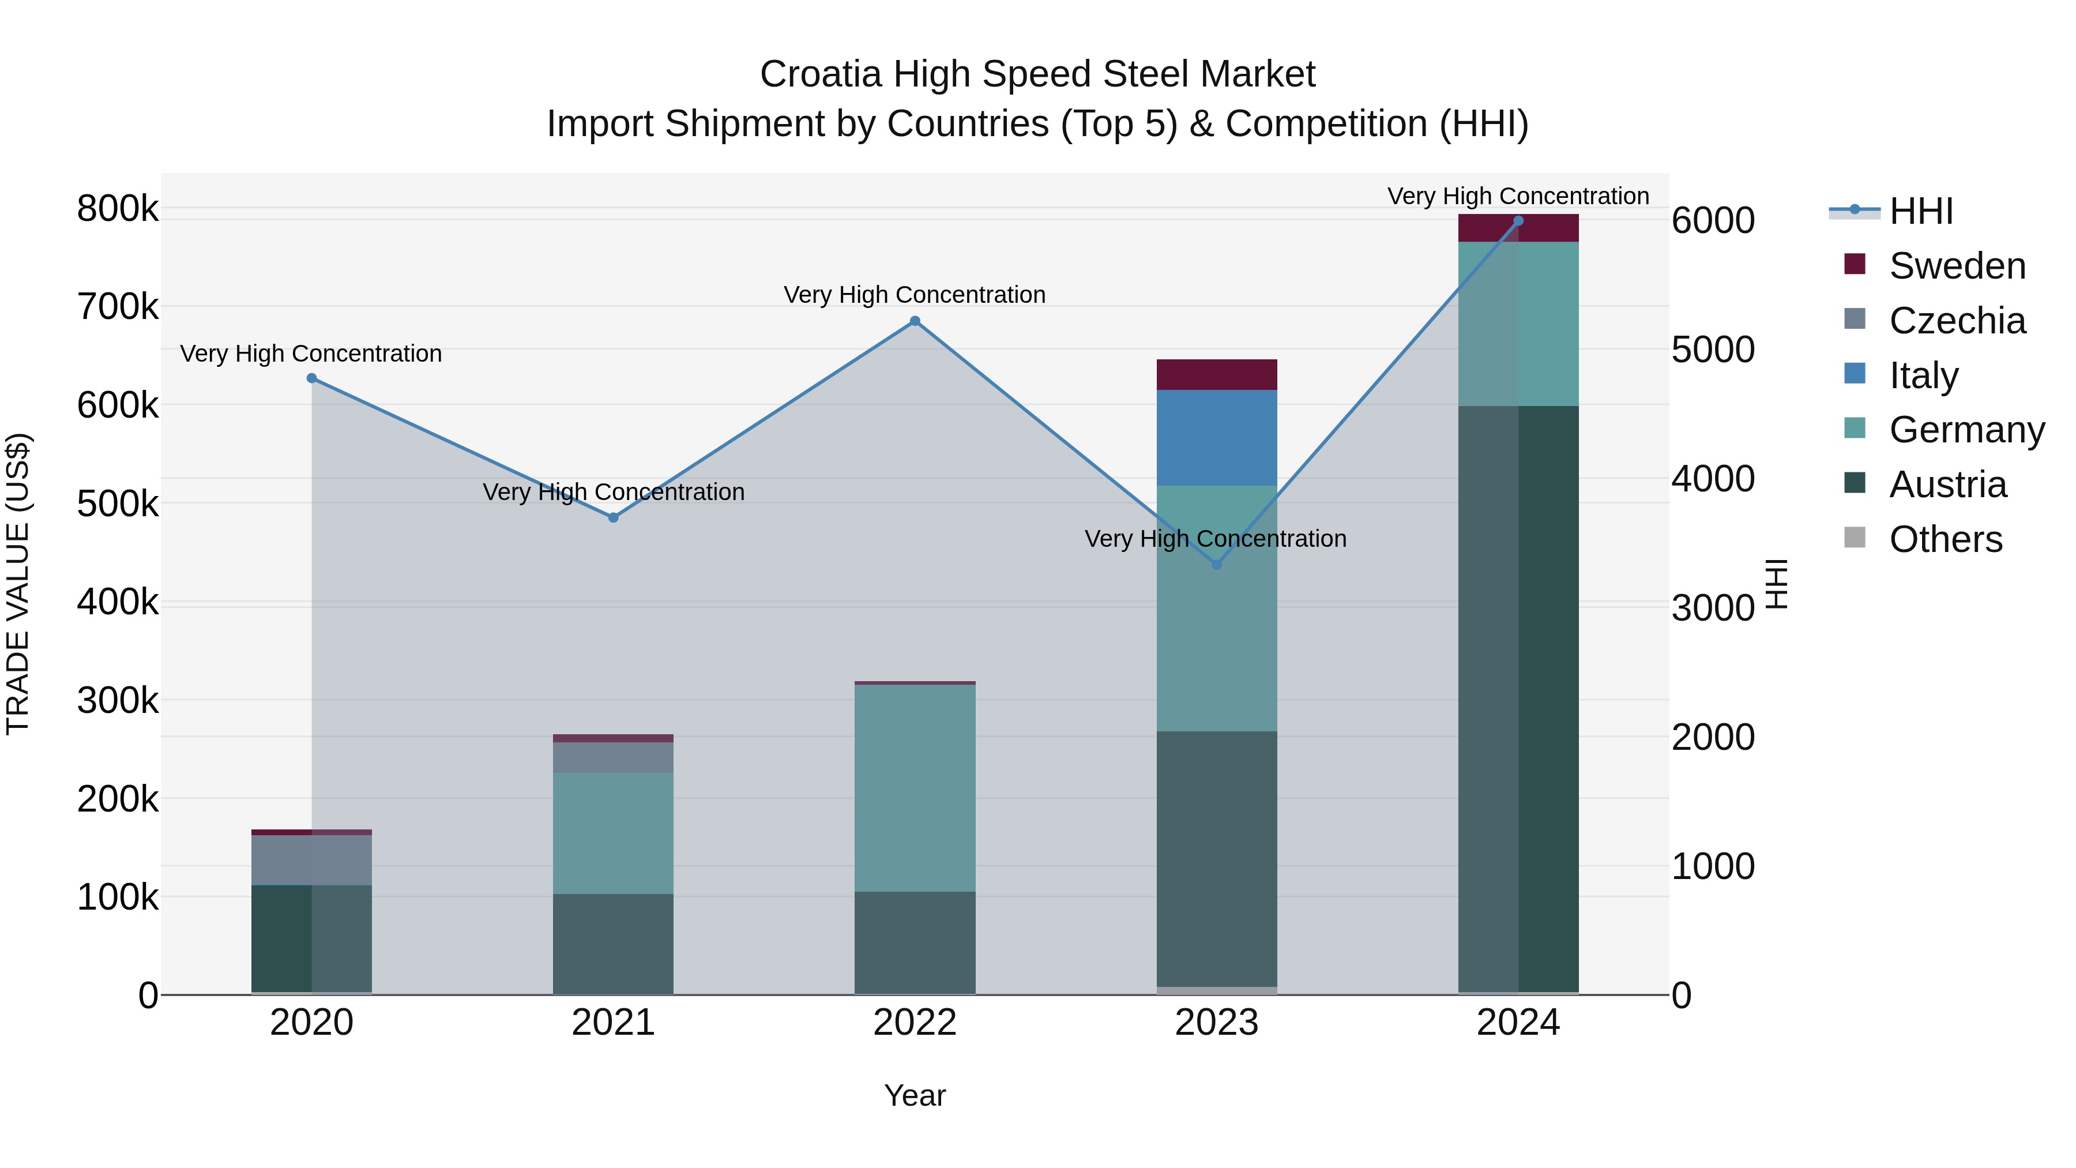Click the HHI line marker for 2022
(x=915, y=321)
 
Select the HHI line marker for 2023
(x=1217, y=564)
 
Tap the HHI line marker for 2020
(x=312, y=378)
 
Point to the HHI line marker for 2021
(x=614, y=517)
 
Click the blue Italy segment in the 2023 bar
(x=1217, y=438)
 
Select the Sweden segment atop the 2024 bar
(x=1518, y=228)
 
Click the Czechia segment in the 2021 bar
(x=614, y=758)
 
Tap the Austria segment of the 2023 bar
(x=1217, y=858)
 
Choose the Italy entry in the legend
(x=1923, y=375)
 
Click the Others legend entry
(x=1945, y=539)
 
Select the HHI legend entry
(x=1920, y=211)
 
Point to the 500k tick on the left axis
(x=118, y=504)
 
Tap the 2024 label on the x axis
(x=1518, y=1023)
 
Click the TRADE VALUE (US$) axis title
(x=18, y=584)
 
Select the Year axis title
(x=915, y=1095)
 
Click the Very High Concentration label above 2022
(x=915, y=295)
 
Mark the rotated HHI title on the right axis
(x=1776, y=584)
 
